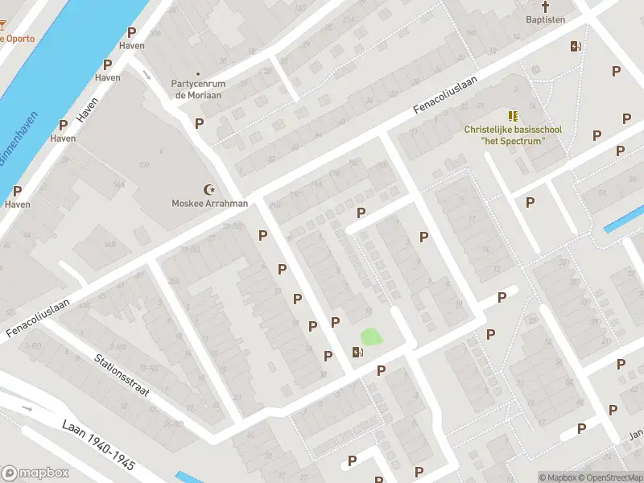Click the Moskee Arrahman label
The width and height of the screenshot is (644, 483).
(210, 204)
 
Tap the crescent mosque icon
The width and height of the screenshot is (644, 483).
(211, 190)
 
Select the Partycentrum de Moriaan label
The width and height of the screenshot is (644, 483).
(197, 89)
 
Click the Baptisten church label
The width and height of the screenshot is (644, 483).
(546, 19)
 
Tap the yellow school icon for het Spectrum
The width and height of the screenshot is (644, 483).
(513, 117)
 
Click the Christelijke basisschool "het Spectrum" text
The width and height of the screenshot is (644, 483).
(513, 135)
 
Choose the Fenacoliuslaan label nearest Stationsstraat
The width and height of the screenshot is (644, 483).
(38, 319)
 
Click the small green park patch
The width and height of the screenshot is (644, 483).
(371, 336)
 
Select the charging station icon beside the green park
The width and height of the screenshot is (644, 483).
(357, 351)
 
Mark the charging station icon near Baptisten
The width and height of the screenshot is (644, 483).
(575, 46)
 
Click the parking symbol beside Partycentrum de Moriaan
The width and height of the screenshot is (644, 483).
(199, 123)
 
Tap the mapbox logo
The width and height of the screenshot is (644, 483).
(35, 473)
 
